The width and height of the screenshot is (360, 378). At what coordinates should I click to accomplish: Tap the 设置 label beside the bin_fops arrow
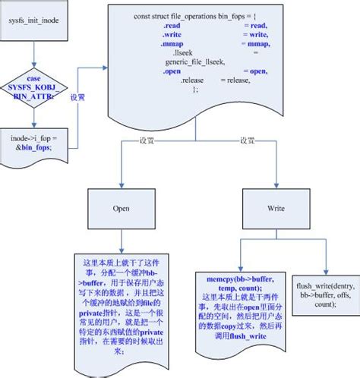(x=78, y=98)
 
